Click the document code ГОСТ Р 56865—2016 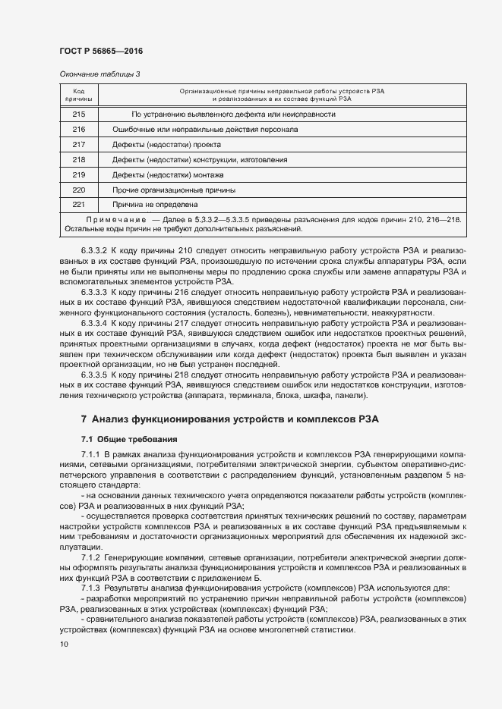[101, 52]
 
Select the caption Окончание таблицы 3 [99, 74]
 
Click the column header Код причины [79, 94]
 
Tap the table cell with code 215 [79, 115]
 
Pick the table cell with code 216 [79, 130]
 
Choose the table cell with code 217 [79, 144]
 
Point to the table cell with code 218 [79, 159]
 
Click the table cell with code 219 [79, 174]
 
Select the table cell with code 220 [79, 190]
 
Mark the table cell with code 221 [79, 204]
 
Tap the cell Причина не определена [155, 204]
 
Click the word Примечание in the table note [115, 219]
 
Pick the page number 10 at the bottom [64, 645]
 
